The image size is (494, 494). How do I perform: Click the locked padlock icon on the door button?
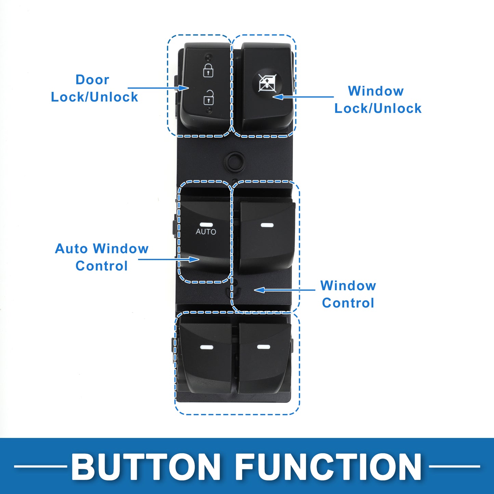(208, 70)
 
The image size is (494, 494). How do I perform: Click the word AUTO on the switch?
(206, 232)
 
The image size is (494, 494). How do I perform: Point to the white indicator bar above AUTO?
(206, 224)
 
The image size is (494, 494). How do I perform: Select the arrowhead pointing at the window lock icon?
(278, 97)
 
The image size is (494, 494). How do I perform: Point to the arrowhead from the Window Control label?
(259, 290)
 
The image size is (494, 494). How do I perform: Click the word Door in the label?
(92, 79)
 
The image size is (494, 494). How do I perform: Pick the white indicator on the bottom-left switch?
(206, 347)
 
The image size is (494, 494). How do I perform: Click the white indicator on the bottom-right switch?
(264, 347)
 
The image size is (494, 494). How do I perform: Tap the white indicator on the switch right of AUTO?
(267, 225)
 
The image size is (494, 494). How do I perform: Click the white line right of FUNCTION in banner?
(454, 466)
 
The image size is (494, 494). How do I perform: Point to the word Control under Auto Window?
(102, 266)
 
